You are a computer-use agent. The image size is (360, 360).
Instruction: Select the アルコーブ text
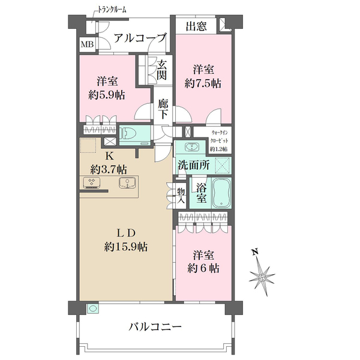click(140, 38)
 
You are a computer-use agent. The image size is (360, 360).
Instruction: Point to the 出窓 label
click(197, 26)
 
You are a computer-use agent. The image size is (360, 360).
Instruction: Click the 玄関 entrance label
click(162, 70)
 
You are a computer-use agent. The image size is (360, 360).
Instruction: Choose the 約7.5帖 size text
click(202, 83)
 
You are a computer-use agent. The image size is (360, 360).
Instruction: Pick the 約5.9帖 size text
click(107, 95)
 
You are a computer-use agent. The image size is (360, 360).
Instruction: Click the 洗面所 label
click(192, 163)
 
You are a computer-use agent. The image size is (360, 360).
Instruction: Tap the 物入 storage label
click(181, 196)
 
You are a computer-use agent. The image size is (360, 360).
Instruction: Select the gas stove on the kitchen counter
click(92, 183)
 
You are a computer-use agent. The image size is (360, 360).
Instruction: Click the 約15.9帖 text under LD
click(127, 247)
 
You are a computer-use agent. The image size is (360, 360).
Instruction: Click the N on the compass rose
click(254, 252)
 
